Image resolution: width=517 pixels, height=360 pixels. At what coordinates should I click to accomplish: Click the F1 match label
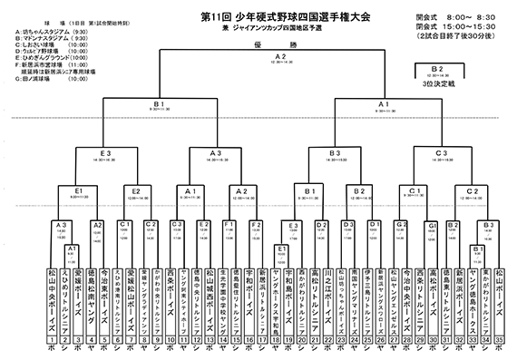(229, 224)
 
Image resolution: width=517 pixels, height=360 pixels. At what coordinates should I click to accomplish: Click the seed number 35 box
(500, 341)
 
